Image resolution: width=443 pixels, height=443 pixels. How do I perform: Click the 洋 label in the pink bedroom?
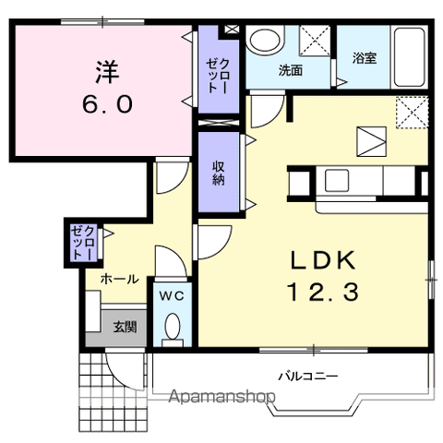coord(107,72)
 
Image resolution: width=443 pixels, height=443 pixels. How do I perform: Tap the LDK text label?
coord(323,260)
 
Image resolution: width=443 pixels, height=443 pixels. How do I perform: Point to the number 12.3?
coord(323,292)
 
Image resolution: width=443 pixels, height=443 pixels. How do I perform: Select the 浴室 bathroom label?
coord(365,58)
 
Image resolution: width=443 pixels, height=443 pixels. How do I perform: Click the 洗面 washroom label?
coord(291,70)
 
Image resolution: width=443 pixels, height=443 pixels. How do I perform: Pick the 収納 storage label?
coord(219,174)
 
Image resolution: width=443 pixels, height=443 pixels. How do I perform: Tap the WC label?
coord(172,296)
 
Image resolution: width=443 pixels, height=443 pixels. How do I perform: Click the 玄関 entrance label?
coord(125,327)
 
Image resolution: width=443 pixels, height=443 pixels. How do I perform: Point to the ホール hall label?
coord(120,280)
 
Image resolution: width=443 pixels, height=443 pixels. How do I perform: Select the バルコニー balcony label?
coord(308,376)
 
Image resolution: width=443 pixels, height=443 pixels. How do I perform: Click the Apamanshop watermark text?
coord(221,396)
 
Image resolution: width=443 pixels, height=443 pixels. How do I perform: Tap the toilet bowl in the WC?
coord(173,326)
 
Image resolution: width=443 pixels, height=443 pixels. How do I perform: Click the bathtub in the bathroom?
coord(409,57)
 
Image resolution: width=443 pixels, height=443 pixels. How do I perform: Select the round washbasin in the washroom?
coord(265,42)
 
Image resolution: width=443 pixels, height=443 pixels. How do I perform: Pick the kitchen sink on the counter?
coord(337,180)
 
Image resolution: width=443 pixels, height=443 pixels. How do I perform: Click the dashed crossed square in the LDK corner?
coord(413,113)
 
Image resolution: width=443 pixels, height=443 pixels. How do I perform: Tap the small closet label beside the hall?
coord(82,243)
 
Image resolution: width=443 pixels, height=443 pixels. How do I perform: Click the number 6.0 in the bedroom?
coord(108,103)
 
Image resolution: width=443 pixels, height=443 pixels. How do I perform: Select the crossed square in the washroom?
coord(315,41)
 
